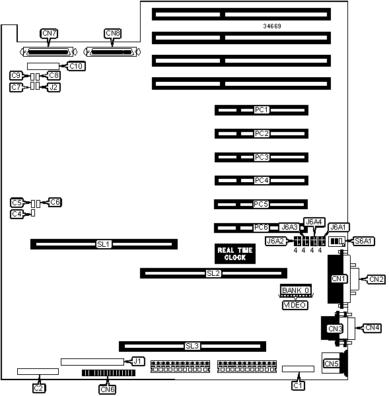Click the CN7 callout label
pos(49,34)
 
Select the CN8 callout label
pos(113,34)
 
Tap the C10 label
pos(76,66)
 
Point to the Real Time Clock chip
pos(235,253)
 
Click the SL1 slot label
pos(104,244)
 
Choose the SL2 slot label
pos(213,273)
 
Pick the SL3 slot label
pos(192,346)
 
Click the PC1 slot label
pos(262,110)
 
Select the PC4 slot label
pos(262,180)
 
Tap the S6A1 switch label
pos(363,241)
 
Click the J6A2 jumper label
pos(275,241)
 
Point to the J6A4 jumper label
pos(314,222)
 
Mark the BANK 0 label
pos(296,290)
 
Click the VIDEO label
pos(295,305)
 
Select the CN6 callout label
pos(108,389)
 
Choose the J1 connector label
pos(137,361)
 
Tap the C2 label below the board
pos(38,388)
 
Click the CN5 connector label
pos(332,364)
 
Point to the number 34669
pos(272,26)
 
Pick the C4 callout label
pos(17,214)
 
